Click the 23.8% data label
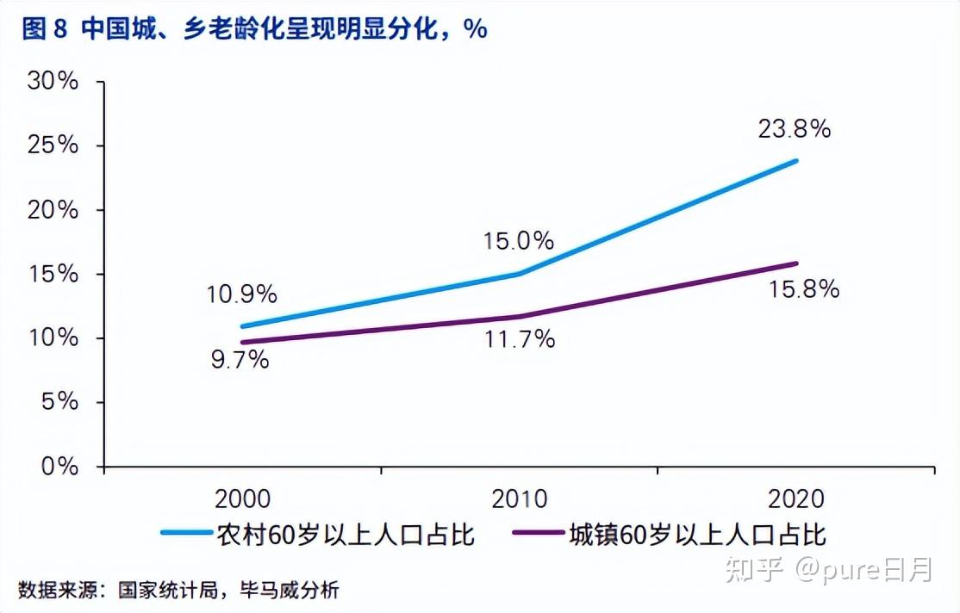click(794, 129)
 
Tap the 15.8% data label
click(803, 289)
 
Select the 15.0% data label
click(518, 241)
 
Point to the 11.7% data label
click(519, 340)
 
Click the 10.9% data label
click(241, 294)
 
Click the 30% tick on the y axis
click(53, 83)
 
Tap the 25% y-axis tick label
click(53, 146)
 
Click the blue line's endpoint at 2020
click(796, 161)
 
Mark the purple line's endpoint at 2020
click(796, 263)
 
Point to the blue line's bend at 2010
click(520, 274)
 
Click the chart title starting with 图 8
click(253, 29)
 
